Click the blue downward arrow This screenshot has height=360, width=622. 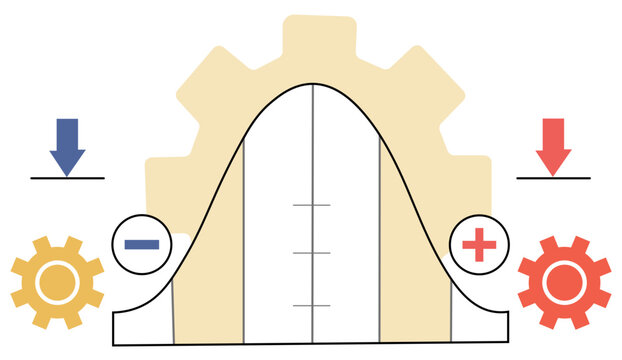point(67,145)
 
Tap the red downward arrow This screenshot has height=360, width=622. point(553,145)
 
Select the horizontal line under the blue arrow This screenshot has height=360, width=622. point(67,178)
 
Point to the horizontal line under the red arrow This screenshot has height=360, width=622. point(553,178)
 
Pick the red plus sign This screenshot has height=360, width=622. point(479,244)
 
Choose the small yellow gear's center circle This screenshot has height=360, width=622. point(57,283)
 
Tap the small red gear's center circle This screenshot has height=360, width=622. point(563,283)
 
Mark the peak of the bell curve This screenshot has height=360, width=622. point(313,84)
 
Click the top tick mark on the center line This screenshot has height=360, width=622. point(312,205)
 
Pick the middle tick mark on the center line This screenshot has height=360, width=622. point(312,253)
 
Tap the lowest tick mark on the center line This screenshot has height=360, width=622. point(312,304)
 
